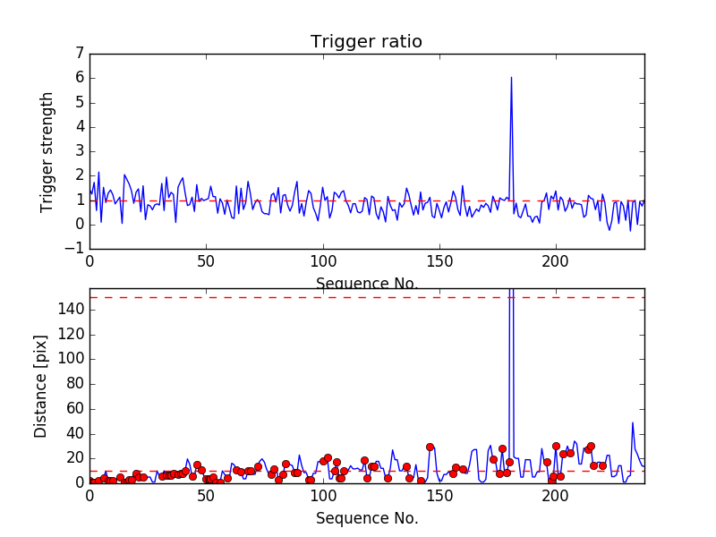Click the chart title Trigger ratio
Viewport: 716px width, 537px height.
coord(366,42)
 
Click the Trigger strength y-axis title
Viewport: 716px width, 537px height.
coord(47,151)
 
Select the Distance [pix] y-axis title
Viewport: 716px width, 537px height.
coord(41,386)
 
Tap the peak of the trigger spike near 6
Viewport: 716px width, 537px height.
coord(511,77)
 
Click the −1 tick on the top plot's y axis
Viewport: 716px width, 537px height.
coord(75,249)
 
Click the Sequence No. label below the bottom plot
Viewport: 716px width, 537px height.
coord(367,518)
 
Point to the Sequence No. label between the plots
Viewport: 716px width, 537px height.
coord(367,284)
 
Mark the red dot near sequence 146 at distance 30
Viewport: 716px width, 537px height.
coord(430,447)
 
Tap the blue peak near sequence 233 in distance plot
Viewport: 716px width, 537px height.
coord(633,422)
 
